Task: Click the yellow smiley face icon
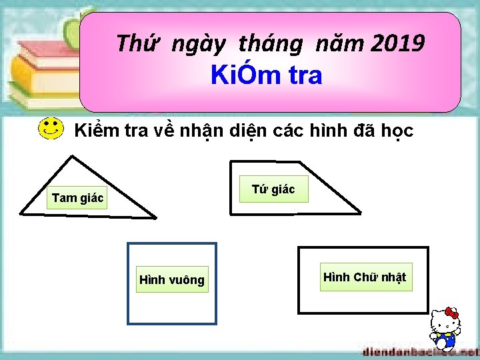[x=51, y=129]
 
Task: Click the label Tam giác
[x=78, y=198]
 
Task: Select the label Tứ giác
[x=273, y=190]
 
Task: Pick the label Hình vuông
[x=172, y=280]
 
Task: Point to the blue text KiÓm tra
[x=266, y=76]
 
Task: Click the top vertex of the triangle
[x=71, y=156]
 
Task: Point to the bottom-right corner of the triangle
[x=155, y=217]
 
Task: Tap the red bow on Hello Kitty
[x=453, y=313]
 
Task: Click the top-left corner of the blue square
[x=129, y=244]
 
